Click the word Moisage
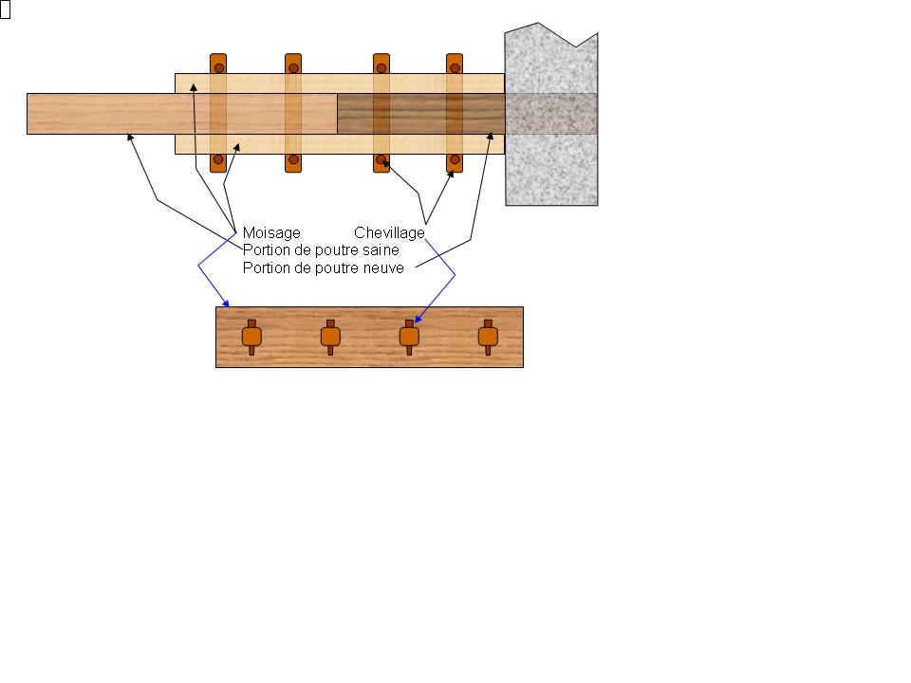click(x=271, y=232)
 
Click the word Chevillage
click(x=389, y=232)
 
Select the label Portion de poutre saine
click(x=321, y=249)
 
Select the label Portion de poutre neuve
click(x=324, y=268)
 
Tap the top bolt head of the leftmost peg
click(x=218, y=68)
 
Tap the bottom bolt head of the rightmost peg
click(x=454, y=159)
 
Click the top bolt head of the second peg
click(x=294, y=68)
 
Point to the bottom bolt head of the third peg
click(x=381, y=159)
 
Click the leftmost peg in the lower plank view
click(x=251, y=337)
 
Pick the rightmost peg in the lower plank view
click(x=488, y=337)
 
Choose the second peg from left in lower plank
click(x=330, y=337)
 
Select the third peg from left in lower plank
click(x=409, y=337)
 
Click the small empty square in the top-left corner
click(x=5, y=10)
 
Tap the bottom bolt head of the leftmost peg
click(x=218, y=159)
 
